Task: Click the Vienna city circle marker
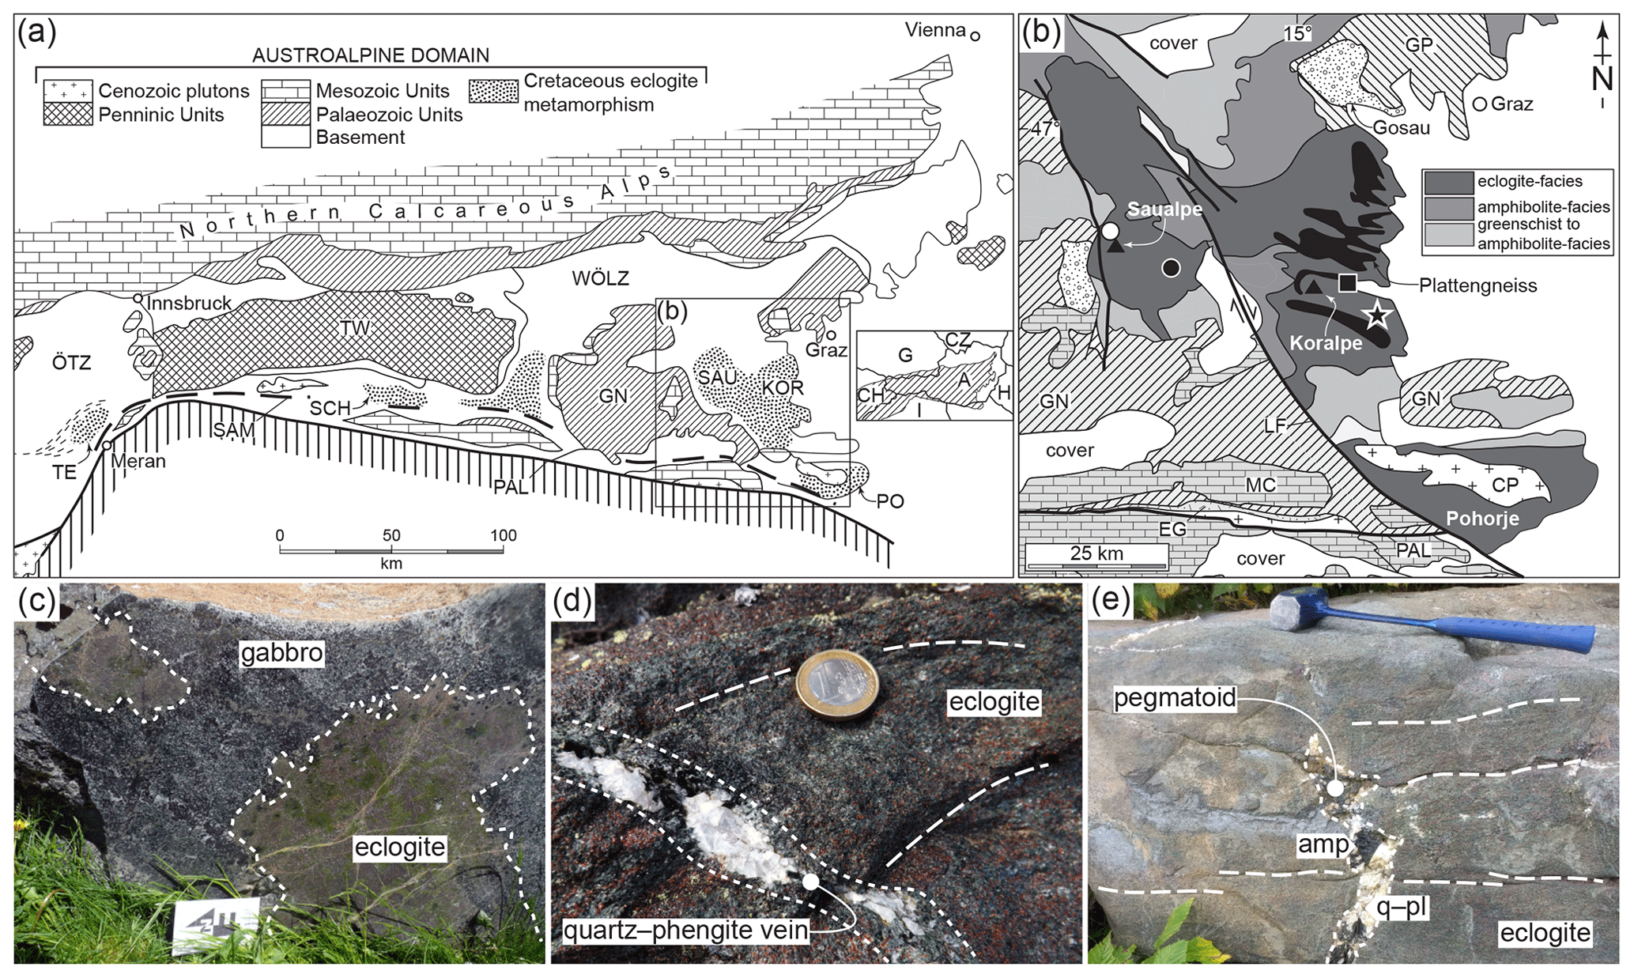click(975, 36)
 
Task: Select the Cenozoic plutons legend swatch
click(68, 91)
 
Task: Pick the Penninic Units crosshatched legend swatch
click(68, 114)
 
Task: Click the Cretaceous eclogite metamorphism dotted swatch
click(494, 91)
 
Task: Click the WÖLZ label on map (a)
click(600, 278)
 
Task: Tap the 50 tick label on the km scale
click(391, 535)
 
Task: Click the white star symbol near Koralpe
click(1378, 316)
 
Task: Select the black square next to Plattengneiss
click(1348, 282)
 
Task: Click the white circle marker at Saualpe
click(1110, 231)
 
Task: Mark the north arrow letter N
click(1602, 79)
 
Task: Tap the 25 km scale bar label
click(1096, 553)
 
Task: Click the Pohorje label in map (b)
click(1482, 519)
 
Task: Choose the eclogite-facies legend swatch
click(1448, 183)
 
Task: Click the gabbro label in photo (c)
click(282, 653)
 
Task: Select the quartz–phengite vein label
click(686, 931)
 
